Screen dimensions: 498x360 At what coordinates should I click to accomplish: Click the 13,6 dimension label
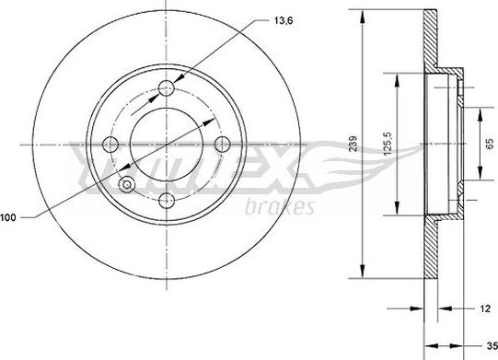(283, 20)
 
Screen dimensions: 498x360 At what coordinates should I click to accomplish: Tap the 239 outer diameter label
(353, 144)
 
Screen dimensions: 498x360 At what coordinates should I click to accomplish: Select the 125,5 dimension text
(388, 144)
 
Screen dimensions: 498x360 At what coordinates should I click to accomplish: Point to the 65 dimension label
(490, 144)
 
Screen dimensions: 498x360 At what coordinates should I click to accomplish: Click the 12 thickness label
(485, 308)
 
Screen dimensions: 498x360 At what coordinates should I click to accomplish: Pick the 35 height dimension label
(492, 345)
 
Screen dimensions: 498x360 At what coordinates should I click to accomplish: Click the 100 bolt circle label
(8, 217)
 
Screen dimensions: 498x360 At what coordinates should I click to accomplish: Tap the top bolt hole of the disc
(167, 88)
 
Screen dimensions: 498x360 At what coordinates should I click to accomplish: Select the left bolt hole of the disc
(110, 145)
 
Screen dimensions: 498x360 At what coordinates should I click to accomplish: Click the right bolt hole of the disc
(223, 145)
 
